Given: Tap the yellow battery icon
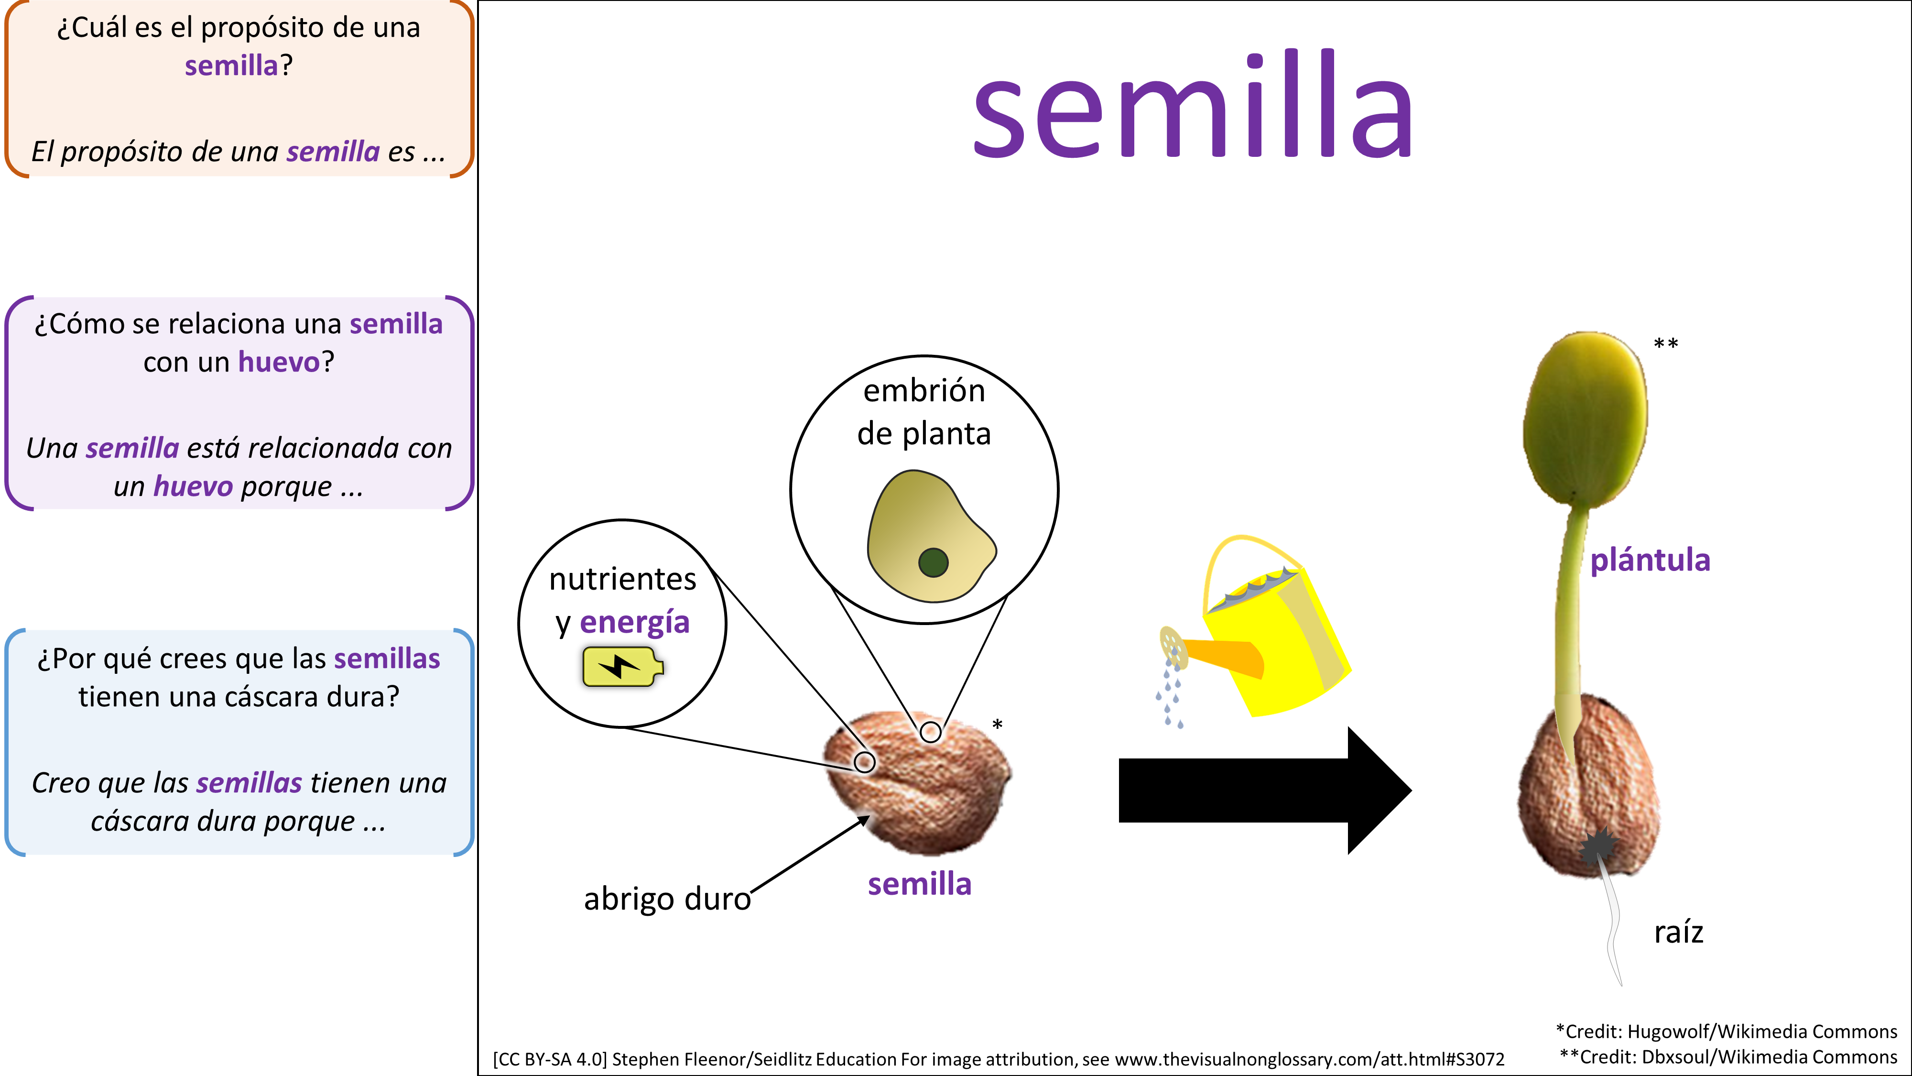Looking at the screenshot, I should (x=622, y=666).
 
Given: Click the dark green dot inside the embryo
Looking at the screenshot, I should (x=933, y=562).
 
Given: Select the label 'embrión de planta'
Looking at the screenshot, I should (x=924, y=412).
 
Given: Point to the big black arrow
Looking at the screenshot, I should (x=1262, y=790).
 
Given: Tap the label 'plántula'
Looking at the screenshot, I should (x=1650, y=560).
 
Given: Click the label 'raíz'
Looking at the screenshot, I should (x=1678, y=932).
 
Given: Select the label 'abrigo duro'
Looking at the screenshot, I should (x=666, y=899).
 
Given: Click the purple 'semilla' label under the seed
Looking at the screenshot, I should (x=919, y=884).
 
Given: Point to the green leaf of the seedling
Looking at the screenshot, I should (x=1585, y=419).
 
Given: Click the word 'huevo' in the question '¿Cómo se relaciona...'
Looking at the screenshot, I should (x=278, y=362).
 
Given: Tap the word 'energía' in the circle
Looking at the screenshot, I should (x=635, y=622).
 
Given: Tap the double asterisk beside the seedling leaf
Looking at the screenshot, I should (x=1665, y=344).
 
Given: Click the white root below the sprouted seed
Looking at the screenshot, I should (x=1613, y=928).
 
